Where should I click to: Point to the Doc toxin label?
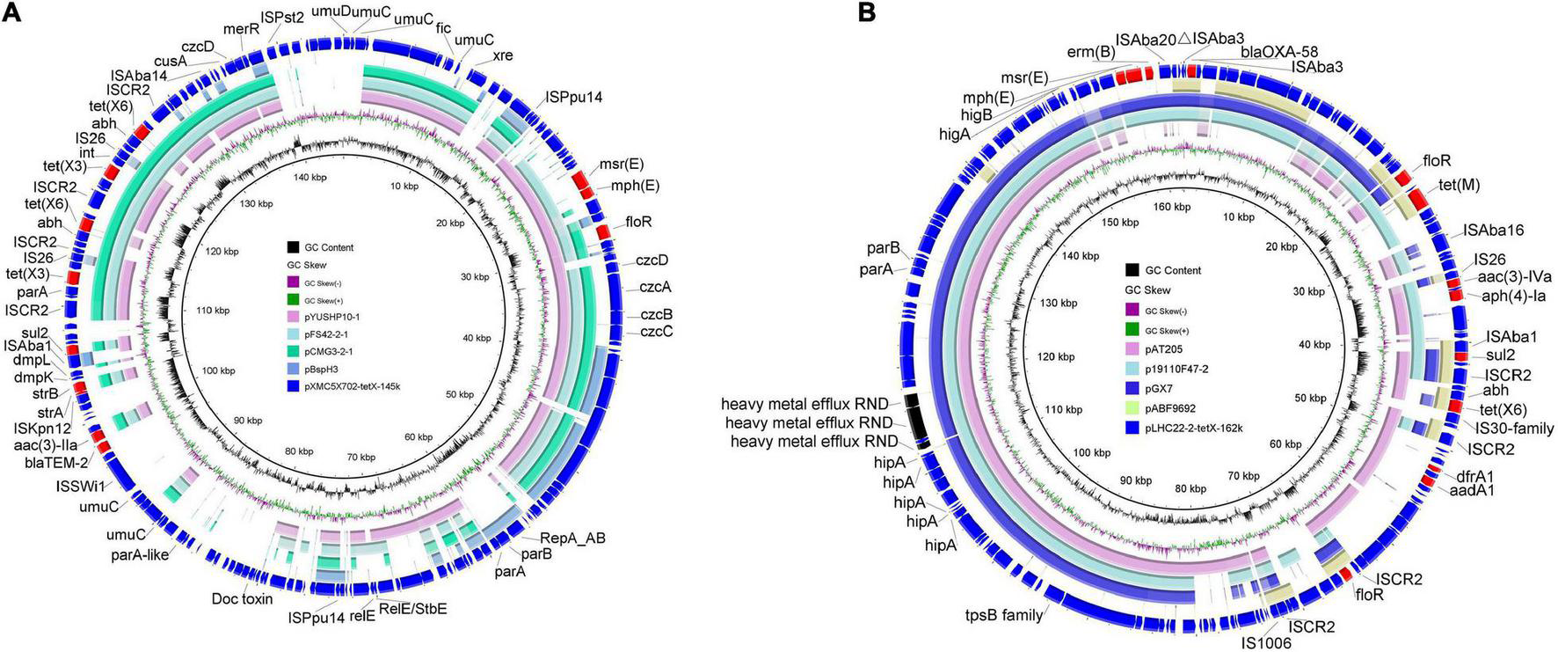(x=242, y=599)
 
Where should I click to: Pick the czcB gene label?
(x=656, y=314)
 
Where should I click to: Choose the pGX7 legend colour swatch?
(x=1132, y=387)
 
